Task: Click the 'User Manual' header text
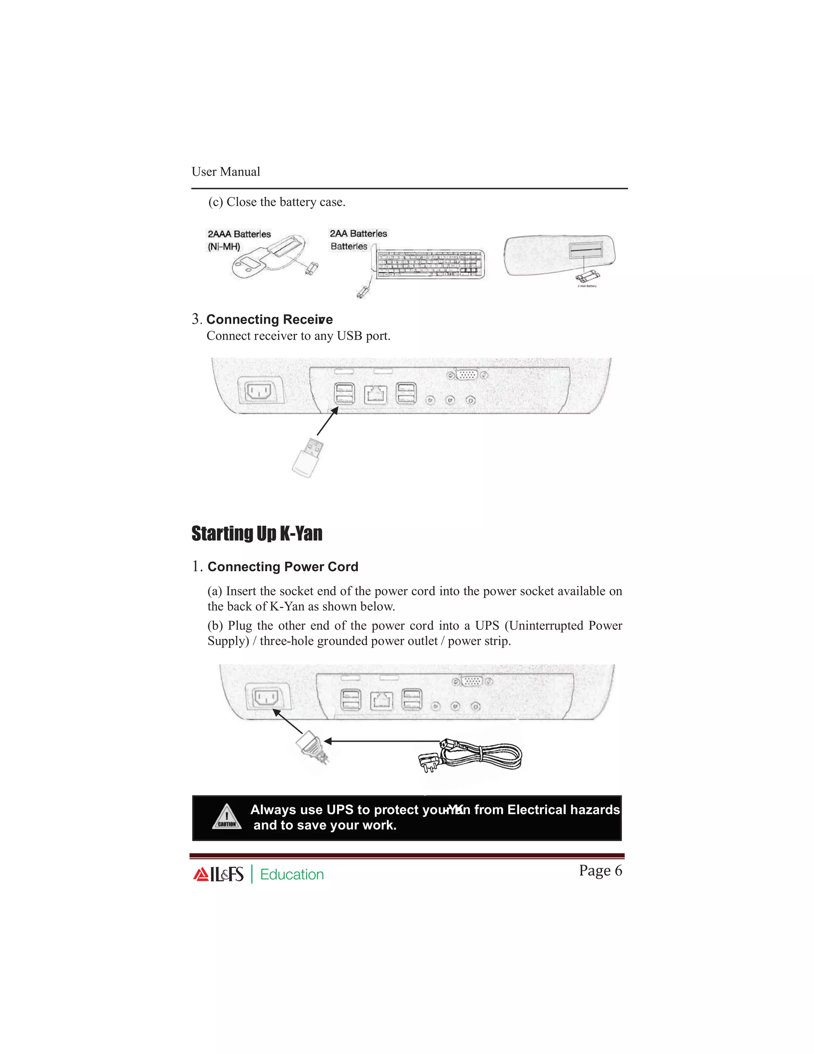click(x=225, y=172)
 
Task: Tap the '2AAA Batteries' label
click(x=239, y=234)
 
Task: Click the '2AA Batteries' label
click(x=358, y=233)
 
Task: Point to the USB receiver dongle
click(x=307, y=457)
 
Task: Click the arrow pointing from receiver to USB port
click(x=328, y=421)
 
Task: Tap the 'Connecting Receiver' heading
click(x=269, y=319)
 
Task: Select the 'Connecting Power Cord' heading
click(x=283, y=566)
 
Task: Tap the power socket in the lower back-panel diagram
click(x=267, y=697)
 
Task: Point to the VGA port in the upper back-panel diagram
click(x=467, y=375)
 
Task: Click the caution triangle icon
click(x=227, y=817)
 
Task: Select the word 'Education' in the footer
click(x=292, y=875)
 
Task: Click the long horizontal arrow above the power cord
click(x=381, y=741)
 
